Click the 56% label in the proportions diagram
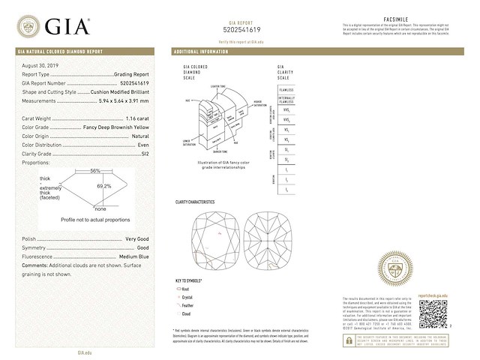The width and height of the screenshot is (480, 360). coord(95,171)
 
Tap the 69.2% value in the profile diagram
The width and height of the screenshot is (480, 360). coord(103,186)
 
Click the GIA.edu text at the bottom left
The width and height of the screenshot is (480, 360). coord(85,352)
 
